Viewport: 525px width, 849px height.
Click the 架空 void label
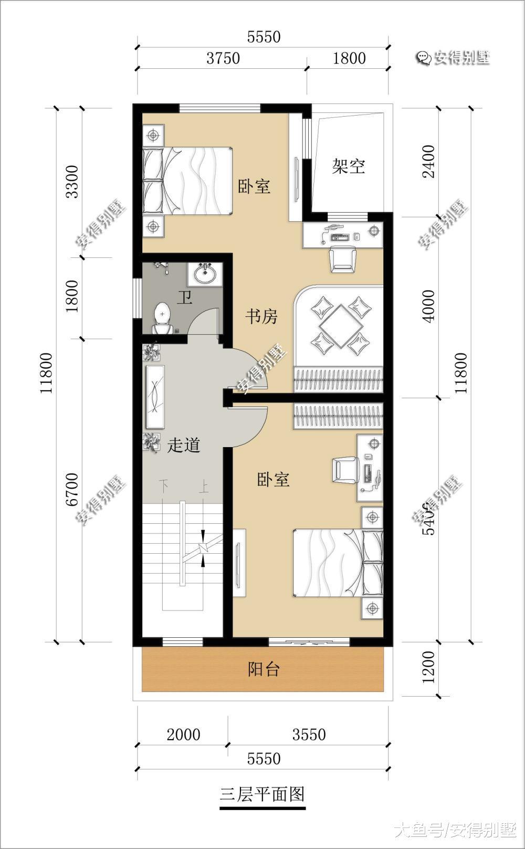(x=349, y=167)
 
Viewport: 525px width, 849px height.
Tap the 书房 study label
(x=261, y=317)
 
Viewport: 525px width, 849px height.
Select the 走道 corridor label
(x=184, y=446)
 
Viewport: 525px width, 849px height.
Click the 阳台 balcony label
(x=264, y=669)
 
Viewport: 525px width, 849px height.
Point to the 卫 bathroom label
(x=184, y=298)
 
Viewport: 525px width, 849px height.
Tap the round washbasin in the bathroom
(x=205, y=273)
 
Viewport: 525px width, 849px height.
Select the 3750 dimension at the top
(x=223, y=58)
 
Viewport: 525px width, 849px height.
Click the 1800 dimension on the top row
(x=349, y=58)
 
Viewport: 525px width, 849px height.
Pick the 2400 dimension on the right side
(x=429, y=161)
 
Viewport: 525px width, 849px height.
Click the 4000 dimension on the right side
(x=429, y=306)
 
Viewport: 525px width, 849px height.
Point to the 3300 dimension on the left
(x=72, y=182)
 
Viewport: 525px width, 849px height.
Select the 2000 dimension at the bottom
(x=183, y=734)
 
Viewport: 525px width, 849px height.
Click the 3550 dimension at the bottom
(x=309, y=734)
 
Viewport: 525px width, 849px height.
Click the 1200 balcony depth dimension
(x=429, y=667)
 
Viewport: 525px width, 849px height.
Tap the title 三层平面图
(x=262, y=794)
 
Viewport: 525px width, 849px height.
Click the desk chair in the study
(x=342, y=260)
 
